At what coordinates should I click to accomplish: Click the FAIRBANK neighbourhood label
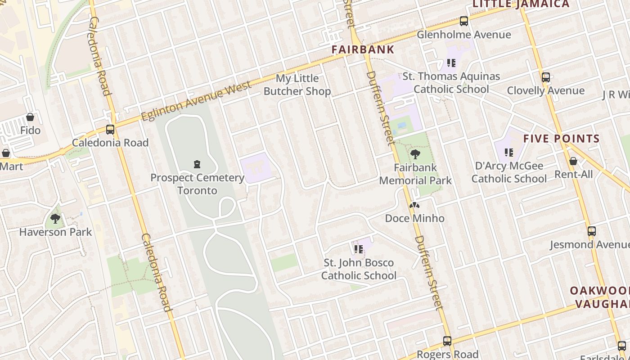[x=363, y=49]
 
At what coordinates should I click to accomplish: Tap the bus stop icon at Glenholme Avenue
[x=463, y=21]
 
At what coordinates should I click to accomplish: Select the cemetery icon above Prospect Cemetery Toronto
[x=197, y=164]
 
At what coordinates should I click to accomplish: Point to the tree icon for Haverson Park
[x=55, y=219]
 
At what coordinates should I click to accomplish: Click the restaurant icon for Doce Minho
[x=414, y=205]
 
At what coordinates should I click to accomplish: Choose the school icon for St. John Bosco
[x=358, y=249]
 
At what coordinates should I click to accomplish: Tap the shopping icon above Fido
[x=30, y=117]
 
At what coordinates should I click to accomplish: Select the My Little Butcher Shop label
[x=297, y=85]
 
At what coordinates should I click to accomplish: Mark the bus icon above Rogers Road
[x=447, y=341]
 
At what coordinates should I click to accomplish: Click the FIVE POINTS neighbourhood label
[x=561, y=139]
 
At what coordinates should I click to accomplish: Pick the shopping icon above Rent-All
[x=573, y=161]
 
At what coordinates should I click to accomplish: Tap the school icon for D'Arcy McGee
[x=508, y=153]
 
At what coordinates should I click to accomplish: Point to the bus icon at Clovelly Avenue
[x=545, y=77]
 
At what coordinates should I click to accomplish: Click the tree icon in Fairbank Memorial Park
[x=415, y=154]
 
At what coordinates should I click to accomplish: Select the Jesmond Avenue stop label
[x=589, y=245]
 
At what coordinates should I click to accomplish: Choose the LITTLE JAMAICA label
[x=521, y=4]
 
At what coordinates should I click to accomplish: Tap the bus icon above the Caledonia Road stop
[x=110, y=130]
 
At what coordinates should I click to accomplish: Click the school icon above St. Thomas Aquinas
[x=451, y=63]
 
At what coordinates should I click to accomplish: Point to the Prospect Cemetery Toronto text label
[x=197, y=184]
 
